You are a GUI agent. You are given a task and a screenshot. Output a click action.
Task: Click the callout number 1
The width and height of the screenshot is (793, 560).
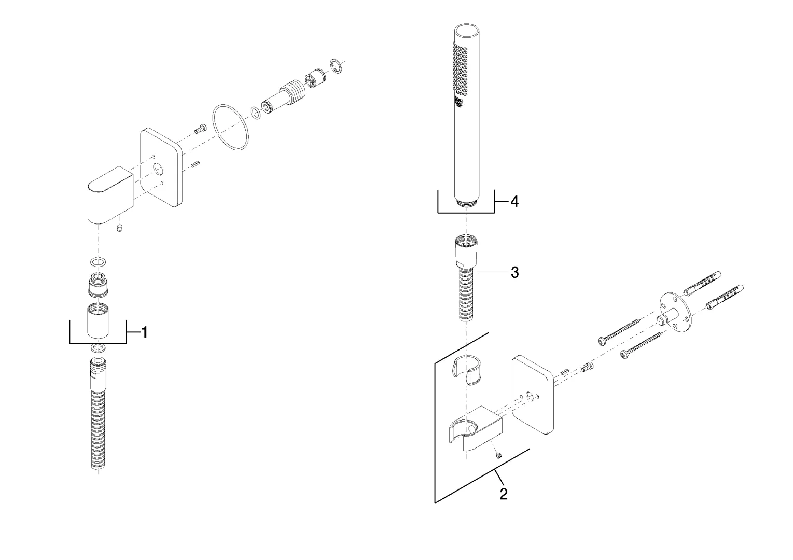pos(145,332)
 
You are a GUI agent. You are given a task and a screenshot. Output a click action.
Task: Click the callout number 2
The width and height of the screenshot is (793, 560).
pos(504,494)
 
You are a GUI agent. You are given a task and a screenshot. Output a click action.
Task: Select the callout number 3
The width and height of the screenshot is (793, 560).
pos(514,272)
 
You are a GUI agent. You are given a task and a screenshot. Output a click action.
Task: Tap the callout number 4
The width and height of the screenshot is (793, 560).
pos(514,202)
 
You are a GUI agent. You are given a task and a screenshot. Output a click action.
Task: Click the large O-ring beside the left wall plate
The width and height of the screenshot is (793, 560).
pos(230,127)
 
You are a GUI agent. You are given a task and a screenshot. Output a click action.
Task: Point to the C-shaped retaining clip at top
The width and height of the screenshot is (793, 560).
pos(336,66)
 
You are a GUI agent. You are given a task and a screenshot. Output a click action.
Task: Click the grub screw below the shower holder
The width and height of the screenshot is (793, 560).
pos(498,455)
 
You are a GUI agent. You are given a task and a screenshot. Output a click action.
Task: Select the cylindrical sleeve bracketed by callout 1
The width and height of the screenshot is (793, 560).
pos(98,321)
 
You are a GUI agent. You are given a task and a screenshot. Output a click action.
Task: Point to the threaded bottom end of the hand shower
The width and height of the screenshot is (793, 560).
pos(468,203)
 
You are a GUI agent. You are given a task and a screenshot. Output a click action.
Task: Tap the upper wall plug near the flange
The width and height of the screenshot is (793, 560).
pos(701,285)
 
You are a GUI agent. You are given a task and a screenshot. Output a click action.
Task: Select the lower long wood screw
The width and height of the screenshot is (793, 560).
pos(643,345)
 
